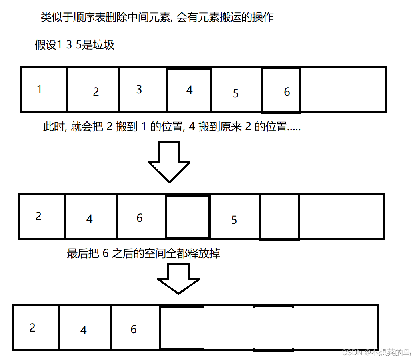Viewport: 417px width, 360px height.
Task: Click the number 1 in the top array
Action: pos(39,89)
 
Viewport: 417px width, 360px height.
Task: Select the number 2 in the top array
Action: pos(96,92)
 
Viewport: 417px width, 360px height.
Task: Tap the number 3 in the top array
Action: pos(139,89)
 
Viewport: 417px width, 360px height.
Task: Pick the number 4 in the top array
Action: pos(189,90)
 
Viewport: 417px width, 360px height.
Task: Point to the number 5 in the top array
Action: pos(235,93)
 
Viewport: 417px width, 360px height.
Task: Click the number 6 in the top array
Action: pos(287,92)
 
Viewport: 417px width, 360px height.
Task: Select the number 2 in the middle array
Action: pos(38,217)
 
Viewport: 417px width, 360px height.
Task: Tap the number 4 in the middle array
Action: pos(89,219)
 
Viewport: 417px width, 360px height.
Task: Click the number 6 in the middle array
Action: pos(139,218)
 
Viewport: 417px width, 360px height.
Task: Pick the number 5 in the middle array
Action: pos(234,220)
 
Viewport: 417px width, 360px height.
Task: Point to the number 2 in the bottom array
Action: pos(32,328)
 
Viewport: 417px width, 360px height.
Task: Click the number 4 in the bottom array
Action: pos(83,330)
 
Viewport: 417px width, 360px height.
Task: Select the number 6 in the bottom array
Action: pos(134,329)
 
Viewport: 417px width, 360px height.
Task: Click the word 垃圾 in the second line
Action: pos(104,44)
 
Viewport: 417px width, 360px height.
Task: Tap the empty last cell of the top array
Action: pos(343,89)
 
